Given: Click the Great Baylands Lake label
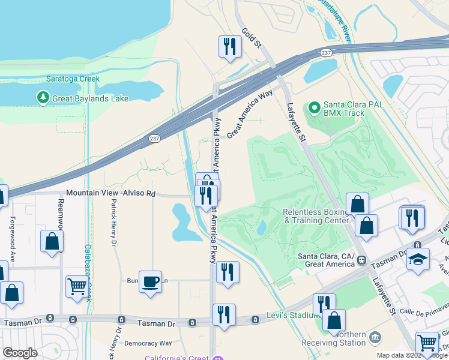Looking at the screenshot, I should (x=90, y=98).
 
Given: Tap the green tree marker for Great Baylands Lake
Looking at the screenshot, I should (x=43, y=97).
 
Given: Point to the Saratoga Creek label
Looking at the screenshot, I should (x=73, y=79).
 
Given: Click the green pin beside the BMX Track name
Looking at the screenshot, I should (x=313, y=108).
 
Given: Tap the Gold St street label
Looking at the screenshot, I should (x=252, y=38).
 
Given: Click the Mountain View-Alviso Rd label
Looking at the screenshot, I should (x=110, y=193).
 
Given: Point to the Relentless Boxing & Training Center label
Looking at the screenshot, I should (x=316, y=216).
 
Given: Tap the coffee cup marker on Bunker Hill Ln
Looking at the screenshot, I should (x=150, y=281).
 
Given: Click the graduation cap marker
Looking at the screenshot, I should (x=417, y=259).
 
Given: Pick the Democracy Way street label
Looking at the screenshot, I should (x=148, y=344).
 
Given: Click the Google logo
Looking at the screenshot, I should (x=20, y=352).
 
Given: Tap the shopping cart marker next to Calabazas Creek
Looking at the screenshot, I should (x=77, y=286).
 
